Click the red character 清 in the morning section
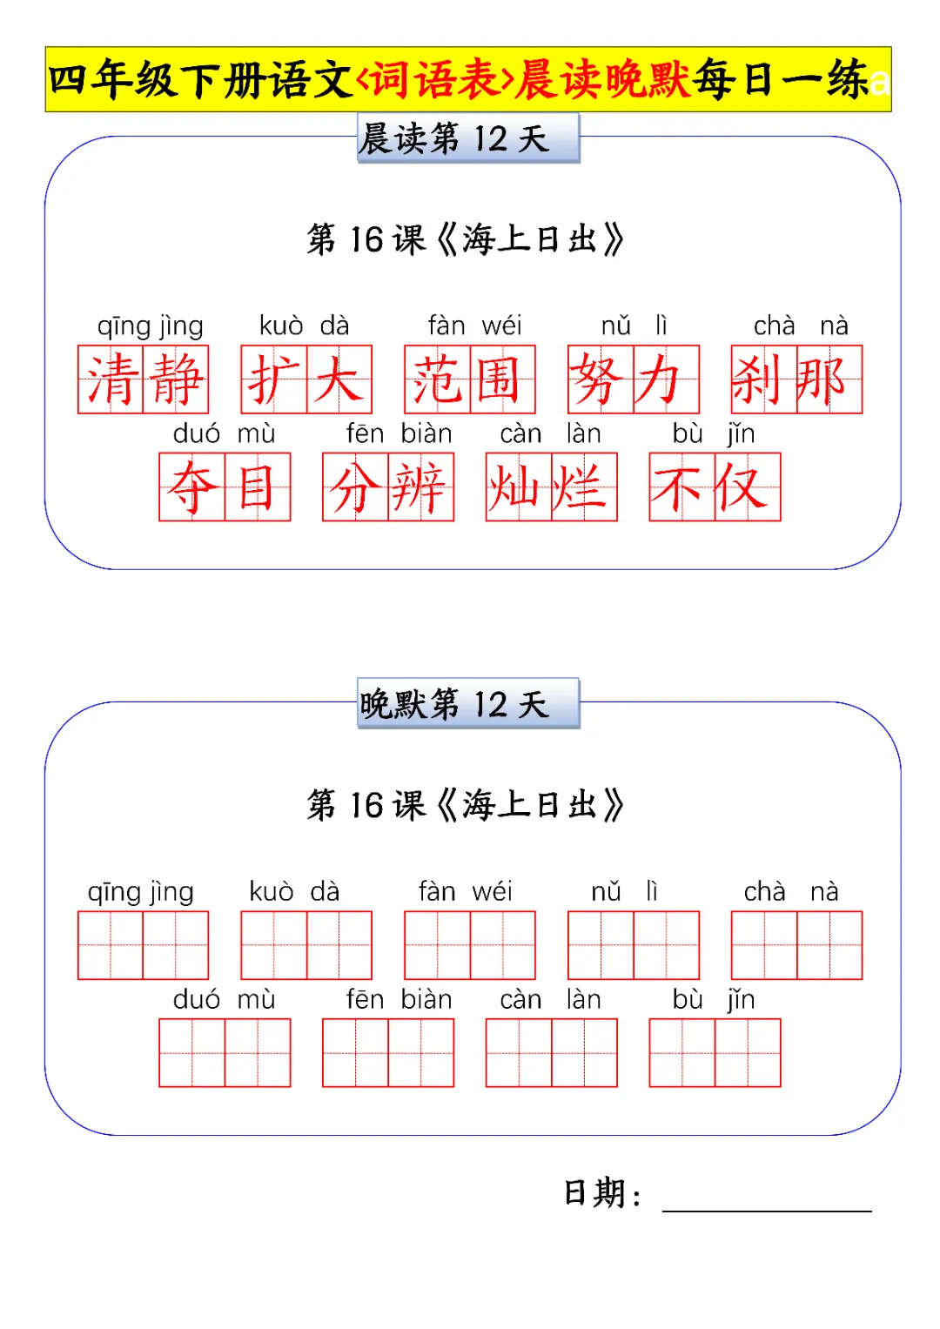coord(111,380)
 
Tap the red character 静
coord(177,380)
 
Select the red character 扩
coord(273,380)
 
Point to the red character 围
coord(502,380)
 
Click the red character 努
coord(601,380)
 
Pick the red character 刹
coord(763,380)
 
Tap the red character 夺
coord(191,487)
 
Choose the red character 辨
coord(421,487)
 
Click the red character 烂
coord(585,487)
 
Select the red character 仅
coord(748,487)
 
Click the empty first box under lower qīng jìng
coord(111,945)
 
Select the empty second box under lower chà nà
coord(829,945)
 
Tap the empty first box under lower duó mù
coord(191,1053)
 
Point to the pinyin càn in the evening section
coord(520,1000)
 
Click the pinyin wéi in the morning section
coord(501,326)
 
